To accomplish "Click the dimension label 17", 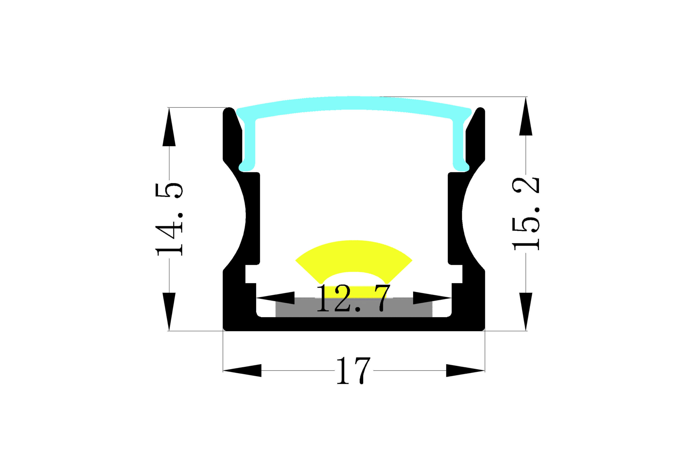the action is point(353,371).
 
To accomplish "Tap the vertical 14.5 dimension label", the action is point(169,220).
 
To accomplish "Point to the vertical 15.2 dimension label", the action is point(526,214).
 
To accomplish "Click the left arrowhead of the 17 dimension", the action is point(242,371).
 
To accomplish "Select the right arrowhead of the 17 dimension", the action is point(465,371).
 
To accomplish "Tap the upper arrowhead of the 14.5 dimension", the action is point(169,127).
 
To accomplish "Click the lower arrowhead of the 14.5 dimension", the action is point(169,312).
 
